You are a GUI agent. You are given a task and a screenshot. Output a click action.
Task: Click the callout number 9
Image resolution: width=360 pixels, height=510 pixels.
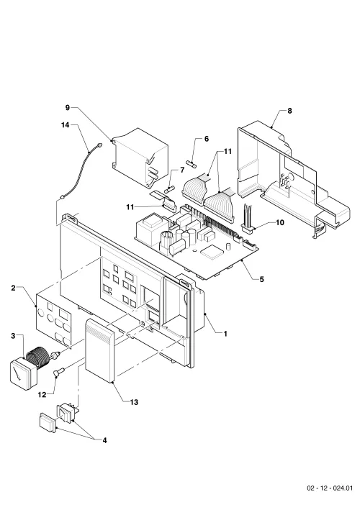(x=68, y=108)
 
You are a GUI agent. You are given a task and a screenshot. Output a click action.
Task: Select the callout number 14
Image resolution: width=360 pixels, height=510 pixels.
(x=66, y=125)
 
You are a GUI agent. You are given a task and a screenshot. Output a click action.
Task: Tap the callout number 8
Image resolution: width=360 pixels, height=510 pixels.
(x=289, y=111)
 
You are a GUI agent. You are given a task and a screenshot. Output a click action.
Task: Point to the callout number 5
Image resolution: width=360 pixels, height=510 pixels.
(x=261, y=279)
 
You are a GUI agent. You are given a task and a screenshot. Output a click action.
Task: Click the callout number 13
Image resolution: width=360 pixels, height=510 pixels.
(x=134, y=402)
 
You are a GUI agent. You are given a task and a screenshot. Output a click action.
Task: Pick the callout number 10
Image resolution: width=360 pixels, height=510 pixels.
(x=280, y=223)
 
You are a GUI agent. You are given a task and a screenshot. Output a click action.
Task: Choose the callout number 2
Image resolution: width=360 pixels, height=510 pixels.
(x=14, y=288)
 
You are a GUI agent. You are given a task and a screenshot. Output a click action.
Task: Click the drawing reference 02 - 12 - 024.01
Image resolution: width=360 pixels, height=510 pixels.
(x=330, y=488)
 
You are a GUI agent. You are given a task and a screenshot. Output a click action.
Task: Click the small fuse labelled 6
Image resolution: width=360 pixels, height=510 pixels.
(x=192, y=163)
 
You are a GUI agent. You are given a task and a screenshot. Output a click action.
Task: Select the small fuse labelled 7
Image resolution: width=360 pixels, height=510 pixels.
(x=171, y=189)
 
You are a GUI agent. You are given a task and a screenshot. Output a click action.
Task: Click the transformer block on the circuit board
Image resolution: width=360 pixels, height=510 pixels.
(x=150, y=229)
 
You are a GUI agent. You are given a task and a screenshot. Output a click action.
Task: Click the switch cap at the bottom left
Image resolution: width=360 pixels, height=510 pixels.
(x=48, y=424)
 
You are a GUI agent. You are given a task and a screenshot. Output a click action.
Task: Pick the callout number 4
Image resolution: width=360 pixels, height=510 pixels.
(x=104, y=440)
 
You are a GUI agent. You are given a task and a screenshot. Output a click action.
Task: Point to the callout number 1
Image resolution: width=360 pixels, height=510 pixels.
(x=225, y=334)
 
